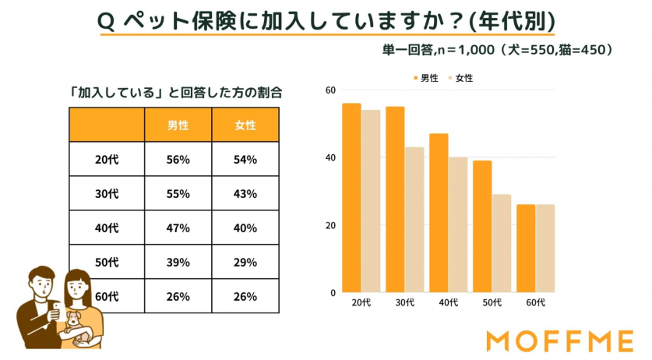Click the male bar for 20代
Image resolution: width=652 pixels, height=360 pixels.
[351, 199]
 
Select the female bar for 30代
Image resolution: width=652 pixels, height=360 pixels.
[414, 221]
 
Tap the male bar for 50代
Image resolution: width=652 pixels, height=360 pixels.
[482, 227]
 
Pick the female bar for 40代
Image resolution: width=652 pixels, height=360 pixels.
[457, 225]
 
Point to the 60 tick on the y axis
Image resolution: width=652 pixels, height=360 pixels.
[331, 90]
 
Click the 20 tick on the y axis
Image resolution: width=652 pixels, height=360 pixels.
[331, 226]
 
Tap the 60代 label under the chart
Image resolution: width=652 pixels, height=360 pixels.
[535, 302]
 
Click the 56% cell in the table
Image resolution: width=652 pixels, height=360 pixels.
[178, 159]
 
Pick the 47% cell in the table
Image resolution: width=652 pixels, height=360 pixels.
[178, 228]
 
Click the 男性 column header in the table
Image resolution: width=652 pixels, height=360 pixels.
[178, 125]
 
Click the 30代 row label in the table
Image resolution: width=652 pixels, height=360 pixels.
[107, 193]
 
